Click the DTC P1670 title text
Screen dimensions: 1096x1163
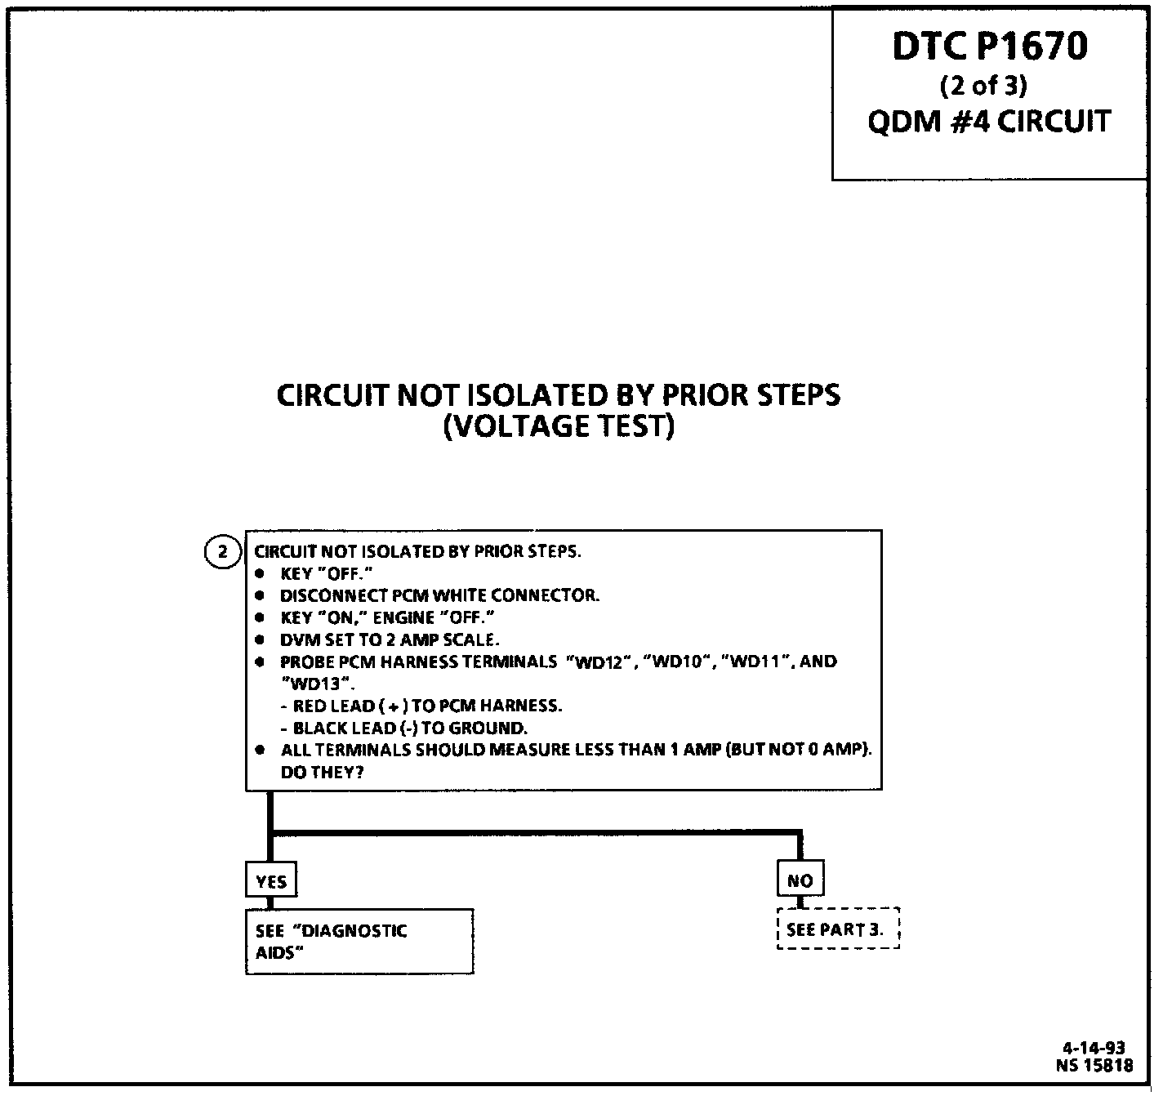[x=989, y=47]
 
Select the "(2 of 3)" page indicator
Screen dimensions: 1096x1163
[x=983, y=85]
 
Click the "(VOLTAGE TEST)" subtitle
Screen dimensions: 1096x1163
[x=559, y=427]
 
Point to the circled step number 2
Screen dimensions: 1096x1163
[x=222, y=552]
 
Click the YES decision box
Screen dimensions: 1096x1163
[x=271, y=881]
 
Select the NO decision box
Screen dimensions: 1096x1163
[x=800, y=880]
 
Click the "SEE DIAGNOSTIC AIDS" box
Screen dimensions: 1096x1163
[x=359, y=941]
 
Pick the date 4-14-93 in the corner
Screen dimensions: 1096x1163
[x=1094, y=1049]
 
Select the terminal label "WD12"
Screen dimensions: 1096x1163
[x=600, y=662]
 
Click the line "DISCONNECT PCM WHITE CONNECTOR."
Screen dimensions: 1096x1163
[x=439, y=595]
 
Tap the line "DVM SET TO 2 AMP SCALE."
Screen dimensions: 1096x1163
[x=389, y=639]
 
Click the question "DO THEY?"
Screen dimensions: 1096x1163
[x=322, y=772]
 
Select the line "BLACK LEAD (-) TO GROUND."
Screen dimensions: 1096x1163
[x=410, y=728]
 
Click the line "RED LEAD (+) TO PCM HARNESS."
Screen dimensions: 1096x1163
[x=427, y=706]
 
